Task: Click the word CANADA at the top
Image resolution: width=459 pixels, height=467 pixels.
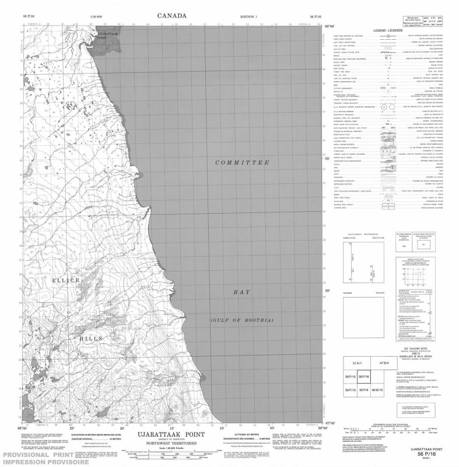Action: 172,15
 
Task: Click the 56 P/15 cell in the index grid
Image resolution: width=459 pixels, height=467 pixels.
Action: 349,377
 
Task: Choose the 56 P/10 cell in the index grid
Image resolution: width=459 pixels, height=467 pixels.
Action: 349,389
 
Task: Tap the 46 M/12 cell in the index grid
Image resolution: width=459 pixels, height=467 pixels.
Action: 379,389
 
